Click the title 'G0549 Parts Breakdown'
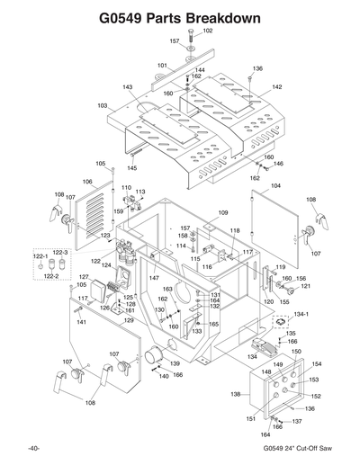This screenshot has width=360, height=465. pyautogui.click(x=180, y=17)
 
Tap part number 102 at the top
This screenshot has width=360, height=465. pyautogui.click(x=207, y=31)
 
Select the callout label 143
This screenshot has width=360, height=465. pyautogui.click(x=128, y=87)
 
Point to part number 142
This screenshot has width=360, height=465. pyautogui.click(x=277, y=86)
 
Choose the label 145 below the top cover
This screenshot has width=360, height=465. pyautogui.click(x=132, y=167)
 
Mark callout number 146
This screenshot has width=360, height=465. pyautogui.click(x=278, y=164)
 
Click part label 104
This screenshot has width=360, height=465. pyautogui.click(x=275, y=185)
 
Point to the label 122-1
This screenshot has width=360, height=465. pyautogui.click(x=40, y=255)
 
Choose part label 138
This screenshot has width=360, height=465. pyautogui.click(x=236, y=394)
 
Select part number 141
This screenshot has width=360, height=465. pyautogui.click(x=79, y=321)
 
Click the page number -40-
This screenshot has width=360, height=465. pyautogui.click(x=33, y=448)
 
